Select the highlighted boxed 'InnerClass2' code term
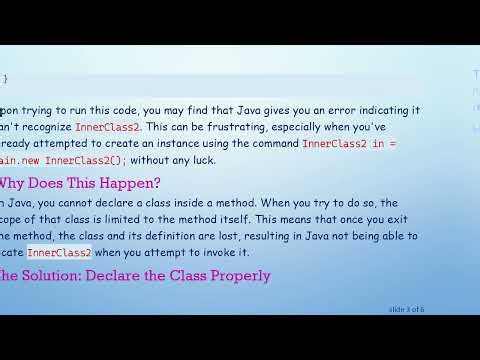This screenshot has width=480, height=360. coord(59,252)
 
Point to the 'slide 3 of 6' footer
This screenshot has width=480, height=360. coord(406,309)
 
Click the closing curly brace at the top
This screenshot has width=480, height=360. coord(4,78)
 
